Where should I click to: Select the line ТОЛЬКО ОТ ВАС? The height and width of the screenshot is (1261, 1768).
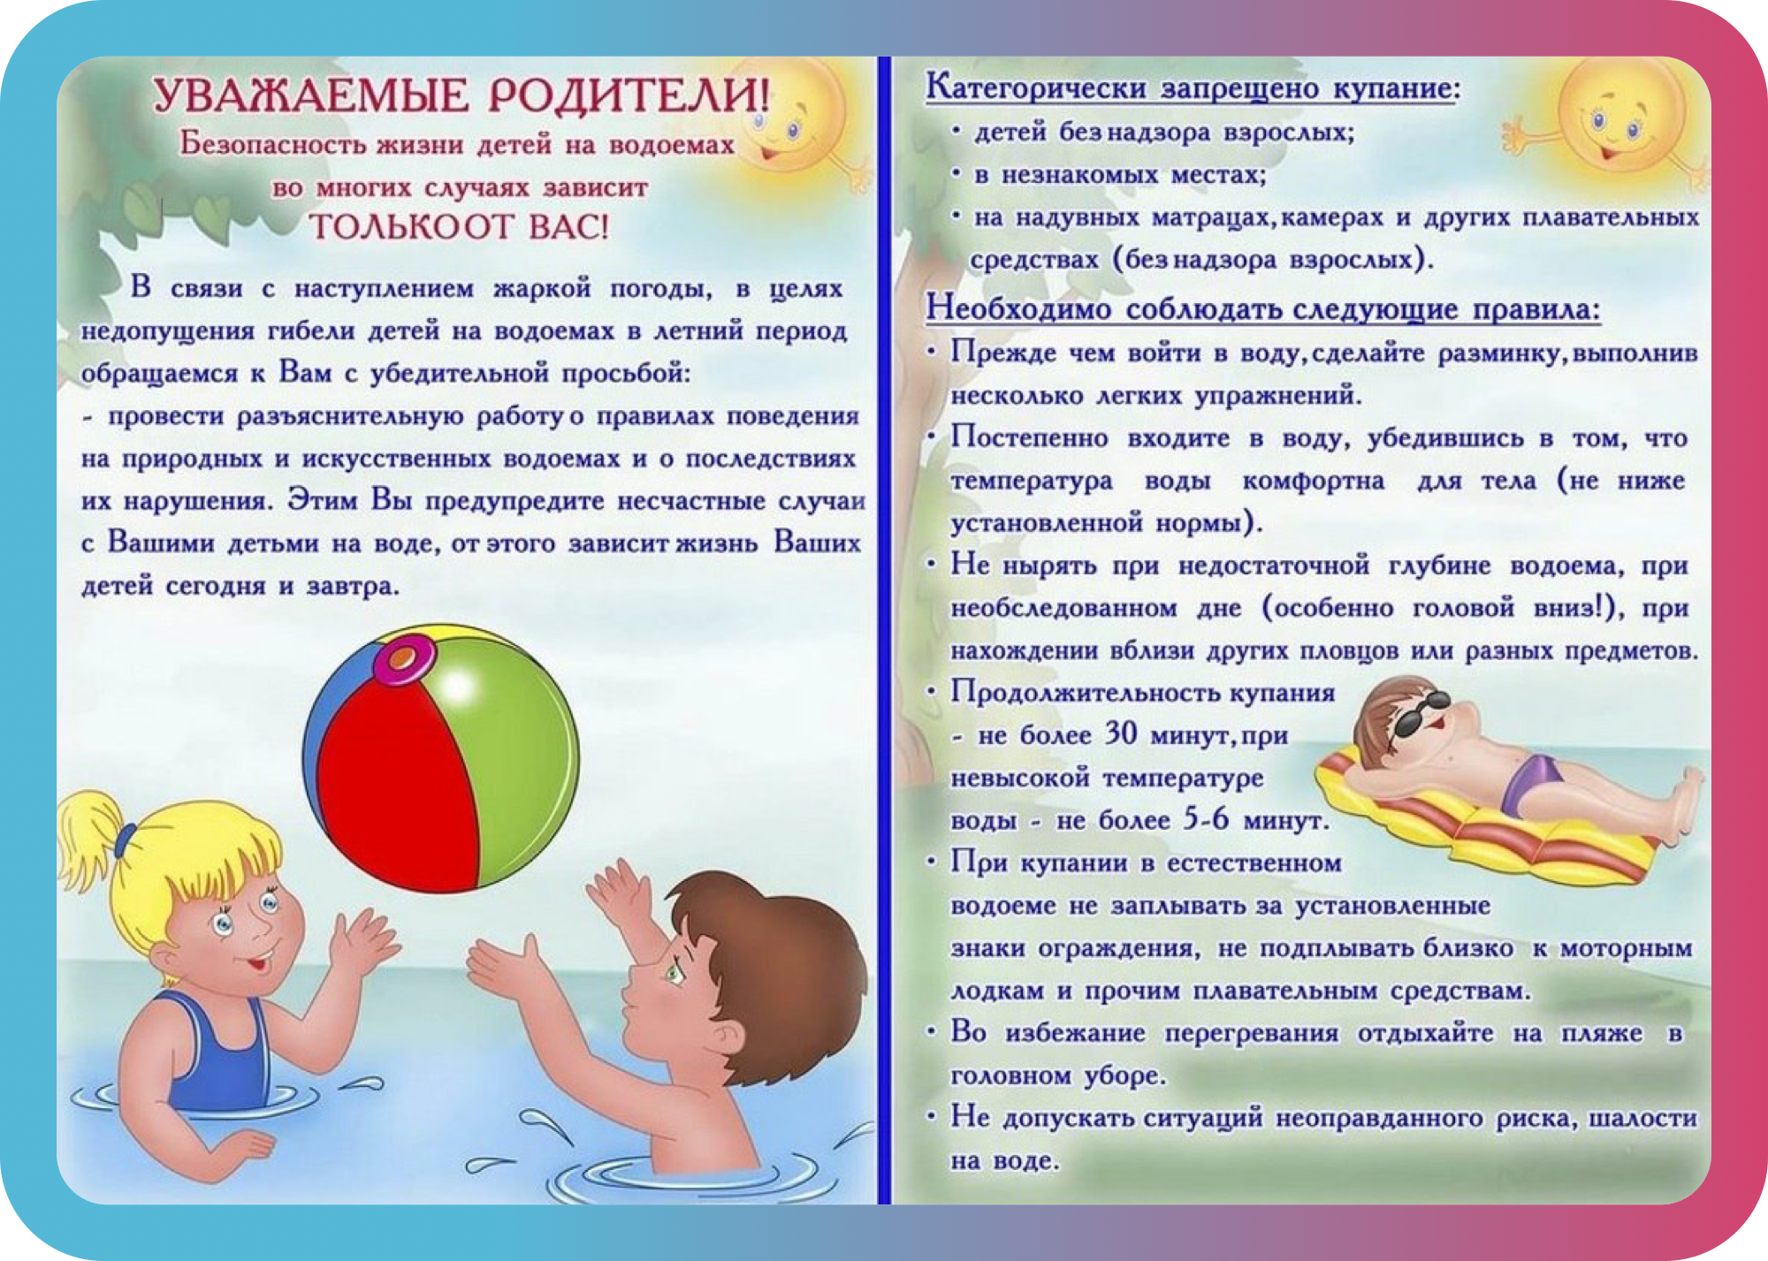459,228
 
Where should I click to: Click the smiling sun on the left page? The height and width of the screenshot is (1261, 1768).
787,124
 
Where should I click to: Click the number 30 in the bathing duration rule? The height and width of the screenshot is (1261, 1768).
1122,735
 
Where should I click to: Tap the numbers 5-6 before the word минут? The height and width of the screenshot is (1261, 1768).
1206,820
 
